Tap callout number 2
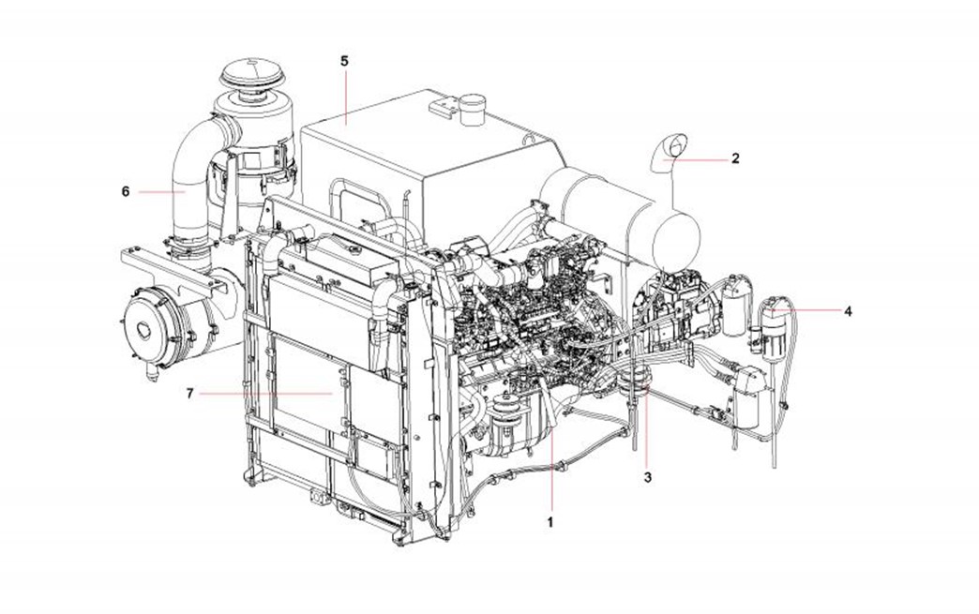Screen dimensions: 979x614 [735, 158]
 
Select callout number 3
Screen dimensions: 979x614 [648, 477]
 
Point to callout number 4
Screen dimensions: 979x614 [848, 310]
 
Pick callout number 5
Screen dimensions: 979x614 [345, 61]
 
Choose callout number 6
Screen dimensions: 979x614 [126, 191]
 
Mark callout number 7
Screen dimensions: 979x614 [190, 393]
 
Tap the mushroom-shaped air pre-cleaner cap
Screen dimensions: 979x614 [249, 74]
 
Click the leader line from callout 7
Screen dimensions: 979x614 [266, 394]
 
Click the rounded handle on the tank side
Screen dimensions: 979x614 [354, 200]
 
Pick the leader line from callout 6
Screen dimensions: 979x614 [161, 192]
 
